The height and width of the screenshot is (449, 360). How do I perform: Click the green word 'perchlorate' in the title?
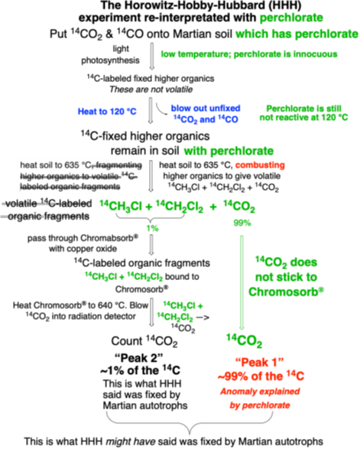coord(291,18)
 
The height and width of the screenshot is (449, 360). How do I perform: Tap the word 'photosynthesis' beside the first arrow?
coord(111,60)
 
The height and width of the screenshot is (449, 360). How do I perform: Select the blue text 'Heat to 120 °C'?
coord(107,112)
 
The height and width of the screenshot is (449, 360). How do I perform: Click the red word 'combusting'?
coord(260,165)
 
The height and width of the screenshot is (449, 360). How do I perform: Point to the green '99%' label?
coord(242,223)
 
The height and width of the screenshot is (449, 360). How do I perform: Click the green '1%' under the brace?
coord(153,228)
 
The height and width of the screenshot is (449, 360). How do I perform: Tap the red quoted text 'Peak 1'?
coord(260,363)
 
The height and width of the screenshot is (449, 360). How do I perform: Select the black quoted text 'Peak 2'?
coord(139,358)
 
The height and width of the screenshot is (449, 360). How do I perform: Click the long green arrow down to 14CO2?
coord(242,283)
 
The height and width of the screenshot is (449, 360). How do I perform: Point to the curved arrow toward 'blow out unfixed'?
coord(161,111)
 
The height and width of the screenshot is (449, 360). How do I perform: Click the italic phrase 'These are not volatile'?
coord(151,89)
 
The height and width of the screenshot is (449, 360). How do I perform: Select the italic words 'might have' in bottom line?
coord(131,441)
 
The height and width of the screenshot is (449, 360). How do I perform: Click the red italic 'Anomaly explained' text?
coord(260,392)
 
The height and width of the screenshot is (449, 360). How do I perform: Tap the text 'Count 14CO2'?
coord(144,341)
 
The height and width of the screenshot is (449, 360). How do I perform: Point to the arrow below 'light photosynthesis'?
coord(152,57)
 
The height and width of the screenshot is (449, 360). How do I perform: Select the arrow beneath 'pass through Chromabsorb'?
coord(151,245)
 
